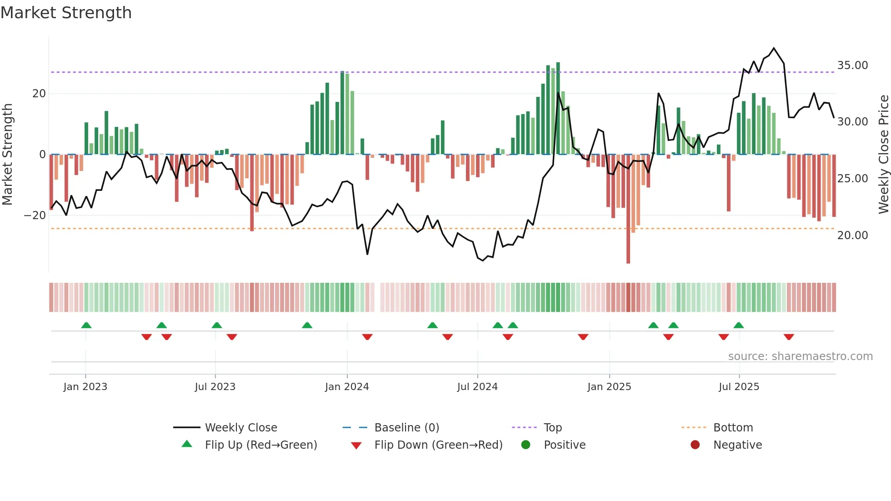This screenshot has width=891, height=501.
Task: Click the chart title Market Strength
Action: (66, 13)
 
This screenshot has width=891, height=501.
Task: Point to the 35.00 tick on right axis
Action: (852, 65)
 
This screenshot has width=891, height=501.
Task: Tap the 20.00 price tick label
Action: (852, 235)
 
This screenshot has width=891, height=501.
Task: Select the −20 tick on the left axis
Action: (35, 215)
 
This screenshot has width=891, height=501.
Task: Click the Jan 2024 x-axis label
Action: (347, 387)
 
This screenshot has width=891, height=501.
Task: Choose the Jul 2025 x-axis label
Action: (739, 387)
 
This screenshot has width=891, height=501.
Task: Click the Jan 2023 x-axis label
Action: (85, 387)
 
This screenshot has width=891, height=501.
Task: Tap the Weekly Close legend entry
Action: (240, 428)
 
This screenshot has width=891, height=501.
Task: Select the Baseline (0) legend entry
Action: (406, 428)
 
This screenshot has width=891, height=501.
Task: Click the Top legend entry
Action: (552, 428)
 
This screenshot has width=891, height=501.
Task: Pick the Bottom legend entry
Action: (733, 428)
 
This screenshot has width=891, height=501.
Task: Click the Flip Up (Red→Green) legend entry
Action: (260, 445)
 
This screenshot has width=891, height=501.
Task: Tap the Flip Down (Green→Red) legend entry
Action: (438, 445)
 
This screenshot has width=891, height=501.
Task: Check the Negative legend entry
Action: (737, 445)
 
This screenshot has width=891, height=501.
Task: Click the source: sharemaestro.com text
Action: (800, 356)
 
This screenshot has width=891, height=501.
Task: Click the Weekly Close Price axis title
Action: (883, 155)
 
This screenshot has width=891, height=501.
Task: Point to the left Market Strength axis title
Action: (7, 155)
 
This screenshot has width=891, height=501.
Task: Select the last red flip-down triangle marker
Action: (789, 337)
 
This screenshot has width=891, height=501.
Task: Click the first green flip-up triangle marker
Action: (86, 325)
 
